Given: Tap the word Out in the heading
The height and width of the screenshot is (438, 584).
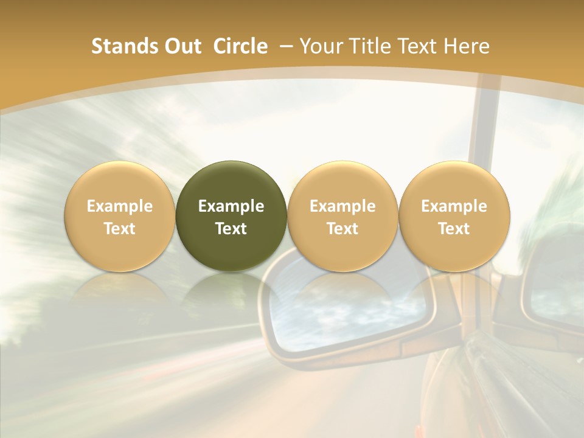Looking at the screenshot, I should pos(181,46).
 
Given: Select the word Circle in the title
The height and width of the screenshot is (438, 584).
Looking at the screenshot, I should pos(240,46).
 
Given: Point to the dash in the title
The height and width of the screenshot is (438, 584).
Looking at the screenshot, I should pos(283,46).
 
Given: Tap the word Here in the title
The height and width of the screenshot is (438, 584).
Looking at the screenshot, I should pos(467,46).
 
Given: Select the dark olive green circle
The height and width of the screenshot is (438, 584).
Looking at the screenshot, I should pos(231,216).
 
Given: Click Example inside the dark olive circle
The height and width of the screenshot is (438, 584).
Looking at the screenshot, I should pos(231,206).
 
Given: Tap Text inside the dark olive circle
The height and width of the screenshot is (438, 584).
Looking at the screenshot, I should pos(231,229).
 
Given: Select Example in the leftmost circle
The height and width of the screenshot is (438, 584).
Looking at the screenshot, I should pos(120,206).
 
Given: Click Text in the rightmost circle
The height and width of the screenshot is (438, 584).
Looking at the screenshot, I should pos(454,229).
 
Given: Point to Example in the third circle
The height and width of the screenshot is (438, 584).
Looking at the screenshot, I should pos(342,206).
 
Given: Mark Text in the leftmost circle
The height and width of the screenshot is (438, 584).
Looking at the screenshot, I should pos(120,229).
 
